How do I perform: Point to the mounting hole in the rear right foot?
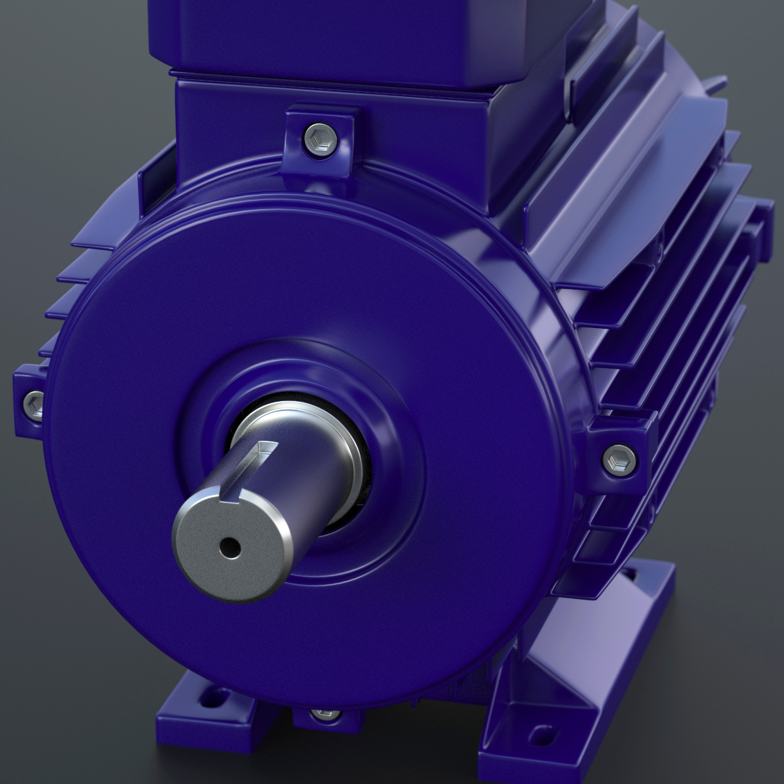pos(632,576)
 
